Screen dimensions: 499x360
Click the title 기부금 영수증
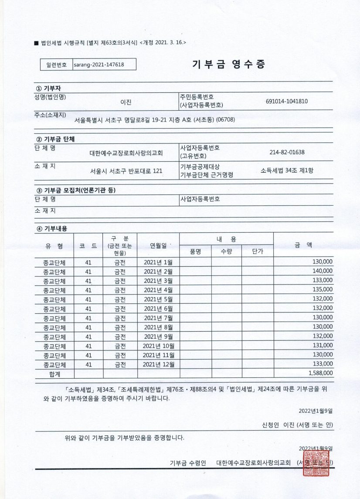point(228,64)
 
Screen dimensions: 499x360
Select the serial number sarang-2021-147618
point(99,64)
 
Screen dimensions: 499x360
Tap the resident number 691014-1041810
point(286,101)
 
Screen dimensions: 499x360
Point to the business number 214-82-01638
point(287,152)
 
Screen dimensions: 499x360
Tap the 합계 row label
point(54,373)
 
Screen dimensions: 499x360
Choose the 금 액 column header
point(303,245)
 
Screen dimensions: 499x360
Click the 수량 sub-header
point(226,251)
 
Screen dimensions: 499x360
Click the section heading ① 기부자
point(49,88)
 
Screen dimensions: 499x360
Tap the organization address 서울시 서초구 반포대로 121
point(126,171)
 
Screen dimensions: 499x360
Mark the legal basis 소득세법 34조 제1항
point(286,170)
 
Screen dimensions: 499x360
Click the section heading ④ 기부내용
point(52,228)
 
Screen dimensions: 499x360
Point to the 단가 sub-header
point(257,251)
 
